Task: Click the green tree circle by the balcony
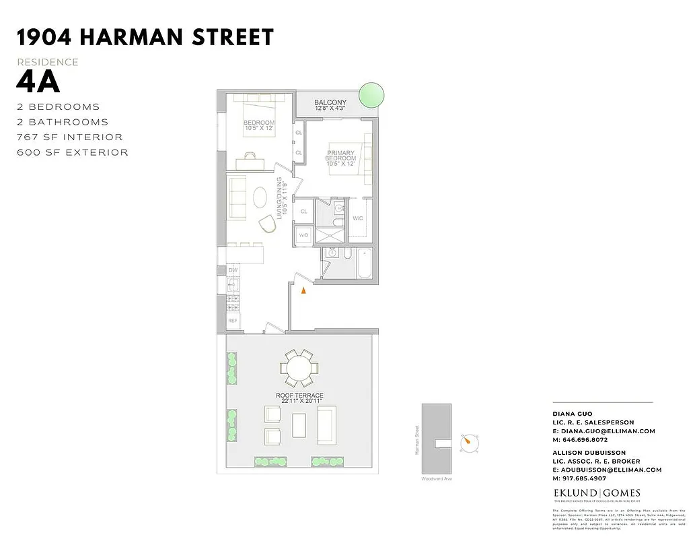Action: [x=371, y=95]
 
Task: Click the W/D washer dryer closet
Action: [x=303, y=235]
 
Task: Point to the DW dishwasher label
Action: [x=233, y=270]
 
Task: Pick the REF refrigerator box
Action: [x=233, y=321]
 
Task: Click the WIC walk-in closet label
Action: [x=357, y=218]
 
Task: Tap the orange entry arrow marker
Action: [x=303, y=290]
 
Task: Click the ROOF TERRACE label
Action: [x=300, y=396]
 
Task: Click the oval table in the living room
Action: [x=260, y=198]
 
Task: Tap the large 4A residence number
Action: [x=38, y=83]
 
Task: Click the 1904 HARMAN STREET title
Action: [x=145, y=37]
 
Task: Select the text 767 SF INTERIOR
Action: [x=70, y=137]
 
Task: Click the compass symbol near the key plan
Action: [x=470, y=443]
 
